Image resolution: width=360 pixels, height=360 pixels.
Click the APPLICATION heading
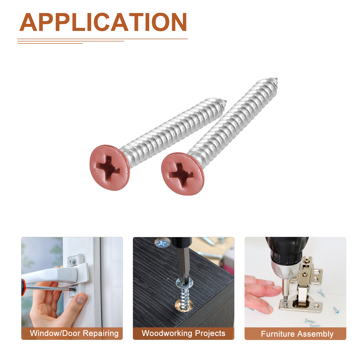(x=103, y=22)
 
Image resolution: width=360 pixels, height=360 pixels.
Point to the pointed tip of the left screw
(x=226, y=101)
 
